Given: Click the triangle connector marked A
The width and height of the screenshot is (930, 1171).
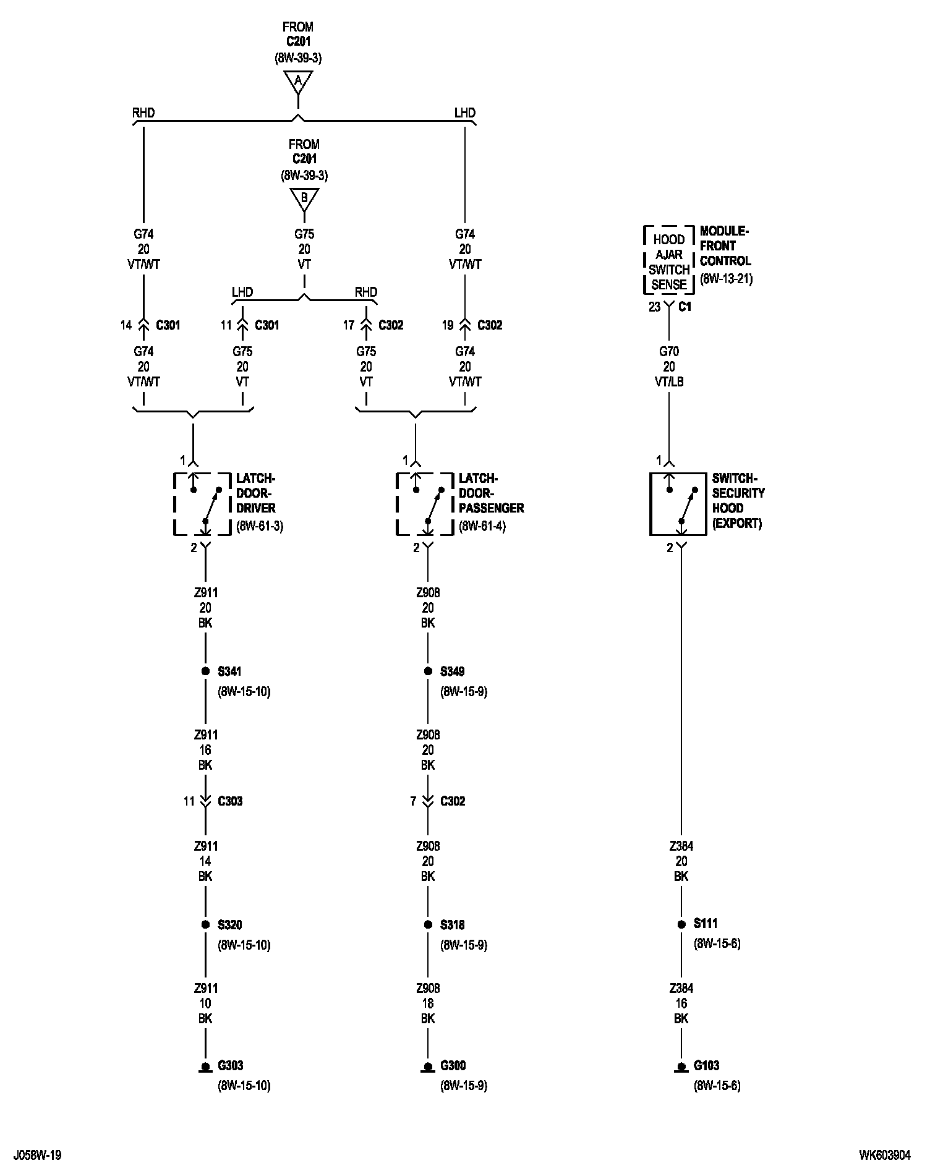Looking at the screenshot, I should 298,81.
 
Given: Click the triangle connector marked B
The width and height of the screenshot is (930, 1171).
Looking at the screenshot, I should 304,199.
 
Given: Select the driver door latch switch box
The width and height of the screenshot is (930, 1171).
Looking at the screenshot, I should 193,504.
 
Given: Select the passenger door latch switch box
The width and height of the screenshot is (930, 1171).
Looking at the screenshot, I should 415,504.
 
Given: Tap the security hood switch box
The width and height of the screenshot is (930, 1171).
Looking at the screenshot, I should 678,504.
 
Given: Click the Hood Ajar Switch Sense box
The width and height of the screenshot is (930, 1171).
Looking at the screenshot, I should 669,262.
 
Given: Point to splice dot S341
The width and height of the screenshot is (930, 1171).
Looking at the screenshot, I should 205,671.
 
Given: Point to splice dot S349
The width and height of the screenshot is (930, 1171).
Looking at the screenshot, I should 428,671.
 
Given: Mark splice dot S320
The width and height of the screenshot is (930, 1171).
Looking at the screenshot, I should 205,925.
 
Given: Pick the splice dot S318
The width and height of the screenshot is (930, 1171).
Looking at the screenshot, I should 428,925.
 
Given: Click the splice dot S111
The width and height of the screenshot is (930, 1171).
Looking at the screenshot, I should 681,925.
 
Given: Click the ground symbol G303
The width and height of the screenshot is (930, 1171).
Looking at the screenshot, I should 205,1068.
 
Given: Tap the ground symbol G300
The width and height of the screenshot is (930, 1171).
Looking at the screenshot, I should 428,1068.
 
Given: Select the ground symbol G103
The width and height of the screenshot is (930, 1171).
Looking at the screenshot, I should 681,1068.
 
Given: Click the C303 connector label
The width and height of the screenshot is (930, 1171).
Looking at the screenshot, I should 230,801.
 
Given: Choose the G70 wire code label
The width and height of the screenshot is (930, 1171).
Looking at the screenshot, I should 669,352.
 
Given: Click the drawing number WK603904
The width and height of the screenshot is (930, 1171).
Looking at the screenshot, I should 884,1155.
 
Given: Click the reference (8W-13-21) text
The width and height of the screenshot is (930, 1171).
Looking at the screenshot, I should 726,279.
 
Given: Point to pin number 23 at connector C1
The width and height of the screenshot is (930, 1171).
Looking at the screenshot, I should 654,307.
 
